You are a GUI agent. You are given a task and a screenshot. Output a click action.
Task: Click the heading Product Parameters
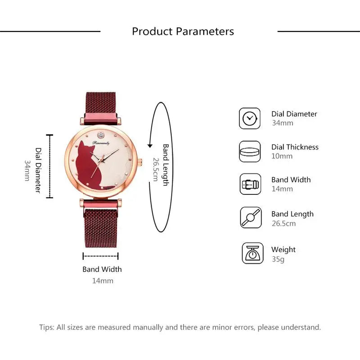click(183, 31)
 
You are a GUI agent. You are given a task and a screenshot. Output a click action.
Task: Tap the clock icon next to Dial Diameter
click(250, 118)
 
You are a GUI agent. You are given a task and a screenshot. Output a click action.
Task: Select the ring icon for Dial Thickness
click(250, 151)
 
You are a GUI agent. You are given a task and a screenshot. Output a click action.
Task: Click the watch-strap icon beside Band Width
click(250, 184)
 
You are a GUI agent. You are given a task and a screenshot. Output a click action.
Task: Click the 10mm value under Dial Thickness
click(282, 156)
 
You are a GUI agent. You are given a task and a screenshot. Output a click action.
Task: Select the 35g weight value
click(278, 259)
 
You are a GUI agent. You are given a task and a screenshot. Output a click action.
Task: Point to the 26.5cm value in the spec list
click(283, 223)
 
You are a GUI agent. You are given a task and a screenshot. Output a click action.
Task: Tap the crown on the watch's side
click(140, 163)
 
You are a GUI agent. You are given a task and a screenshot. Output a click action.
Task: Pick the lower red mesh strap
click(101, 225)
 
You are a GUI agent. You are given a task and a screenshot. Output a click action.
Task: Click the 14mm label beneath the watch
click(103, 281)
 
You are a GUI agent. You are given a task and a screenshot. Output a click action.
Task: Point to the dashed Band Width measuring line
click(101, 256)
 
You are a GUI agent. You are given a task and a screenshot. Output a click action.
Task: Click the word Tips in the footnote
click(46, 327)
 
